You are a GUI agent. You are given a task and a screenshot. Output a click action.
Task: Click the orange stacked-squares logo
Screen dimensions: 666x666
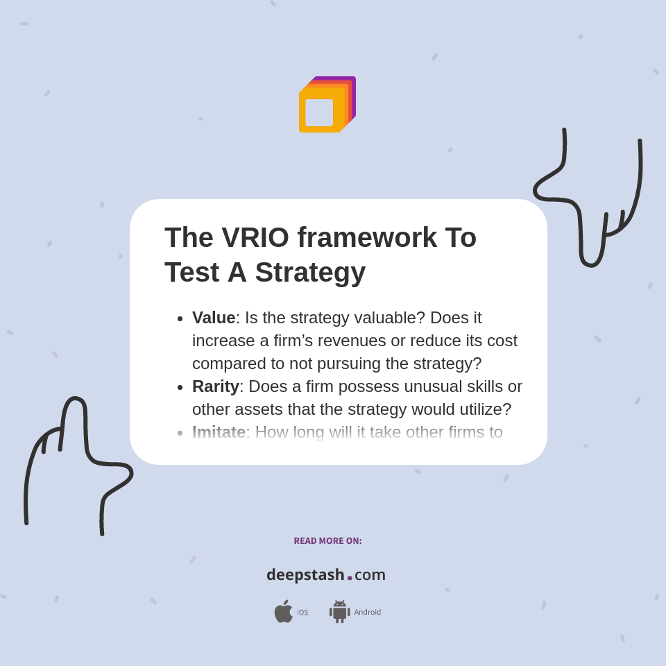(x=327, y=105)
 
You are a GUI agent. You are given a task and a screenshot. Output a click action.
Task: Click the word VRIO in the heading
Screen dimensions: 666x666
(x=255, y=237)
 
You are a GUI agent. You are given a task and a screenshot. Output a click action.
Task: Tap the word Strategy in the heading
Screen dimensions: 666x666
(x=309, y=272)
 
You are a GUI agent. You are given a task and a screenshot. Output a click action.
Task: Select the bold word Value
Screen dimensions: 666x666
(x=214, y=318)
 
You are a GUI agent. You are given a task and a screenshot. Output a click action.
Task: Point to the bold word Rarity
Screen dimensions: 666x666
(x=215, y=386)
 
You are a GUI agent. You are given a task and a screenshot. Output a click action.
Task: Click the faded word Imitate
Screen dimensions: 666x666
(x=219, y=432)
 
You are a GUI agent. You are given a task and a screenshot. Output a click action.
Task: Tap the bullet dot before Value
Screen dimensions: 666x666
(x=180, y=318)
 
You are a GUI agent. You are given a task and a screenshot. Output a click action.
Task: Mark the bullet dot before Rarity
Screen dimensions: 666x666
(x=180, y=387)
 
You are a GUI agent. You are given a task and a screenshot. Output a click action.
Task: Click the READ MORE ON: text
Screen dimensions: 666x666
(x=327, y=541)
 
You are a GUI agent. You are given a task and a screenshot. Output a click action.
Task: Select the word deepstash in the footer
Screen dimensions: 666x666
(x=305, y=574)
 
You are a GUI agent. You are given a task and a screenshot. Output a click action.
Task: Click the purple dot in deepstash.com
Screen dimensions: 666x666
(x=350, y=577)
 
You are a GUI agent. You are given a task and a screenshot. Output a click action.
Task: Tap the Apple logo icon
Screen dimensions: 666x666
(x=283, y=611)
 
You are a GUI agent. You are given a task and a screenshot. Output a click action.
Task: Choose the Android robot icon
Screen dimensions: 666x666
(x=339, y=611)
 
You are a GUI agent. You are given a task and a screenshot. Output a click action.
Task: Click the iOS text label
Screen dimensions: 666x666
(x=302, y=612)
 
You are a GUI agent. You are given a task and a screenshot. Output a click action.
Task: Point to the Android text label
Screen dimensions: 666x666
(x=367, y=612)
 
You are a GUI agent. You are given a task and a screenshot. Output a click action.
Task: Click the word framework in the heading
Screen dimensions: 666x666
(x=367, y=237)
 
